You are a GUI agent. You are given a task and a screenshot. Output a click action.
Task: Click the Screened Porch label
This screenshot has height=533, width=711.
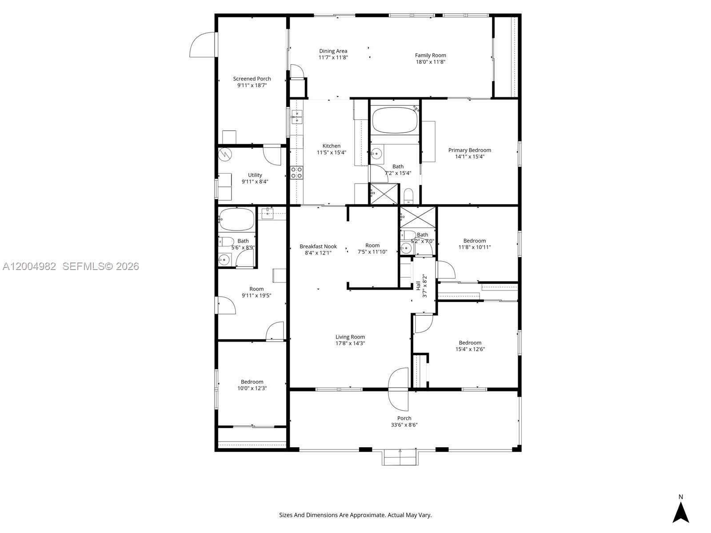(252, 79)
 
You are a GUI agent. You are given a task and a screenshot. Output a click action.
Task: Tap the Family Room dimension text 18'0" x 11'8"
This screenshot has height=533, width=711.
(431, 62)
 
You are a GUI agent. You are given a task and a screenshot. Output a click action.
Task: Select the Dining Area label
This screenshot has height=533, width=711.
(333, 51)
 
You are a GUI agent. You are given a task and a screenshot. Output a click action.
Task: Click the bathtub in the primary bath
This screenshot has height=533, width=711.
(395, 120)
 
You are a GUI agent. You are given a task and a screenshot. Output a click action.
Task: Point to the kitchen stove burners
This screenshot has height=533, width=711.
(296, 172)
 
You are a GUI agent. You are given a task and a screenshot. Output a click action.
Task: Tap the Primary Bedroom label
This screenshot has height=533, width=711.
(469, 150)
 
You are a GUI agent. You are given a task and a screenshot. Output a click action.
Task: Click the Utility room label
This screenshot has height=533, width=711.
(255, 175)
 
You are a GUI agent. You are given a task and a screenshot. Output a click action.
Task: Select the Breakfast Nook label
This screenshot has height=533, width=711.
(318, 247)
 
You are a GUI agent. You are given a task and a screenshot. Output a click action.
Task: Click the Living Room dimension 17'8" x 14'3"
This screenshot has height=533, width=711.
(350, 343)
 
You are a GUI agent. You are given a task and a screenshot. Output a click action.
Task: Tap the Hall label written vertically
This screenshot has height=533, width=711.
(418, 286)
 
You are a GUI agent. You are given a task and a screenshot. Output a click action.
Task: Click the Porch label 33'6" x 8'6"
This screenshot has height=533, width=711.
(404, 422)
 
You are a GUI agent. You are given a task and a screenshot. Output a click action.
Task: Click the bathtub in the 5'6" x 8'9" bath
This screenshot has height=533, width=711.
(237, 219)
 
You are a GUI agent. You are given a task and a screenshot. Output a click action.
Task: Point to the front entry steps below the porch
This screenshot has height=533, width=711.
(399, 457)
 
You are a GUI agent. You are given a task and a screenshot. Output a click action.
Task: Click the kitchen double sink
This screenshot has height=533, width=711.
(297, 117)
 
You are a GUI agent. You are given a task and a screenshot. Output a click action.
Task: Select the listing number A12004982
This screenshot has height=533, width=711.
(29, 266)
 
